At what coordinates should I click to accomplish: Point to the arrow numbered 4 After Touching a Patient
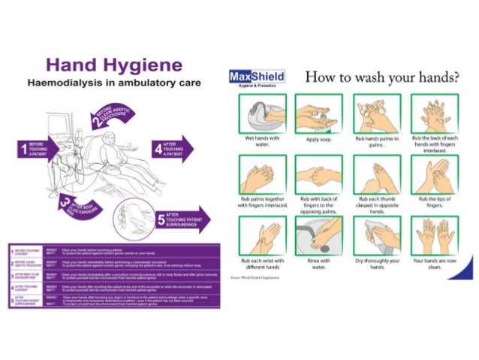pos(172,147)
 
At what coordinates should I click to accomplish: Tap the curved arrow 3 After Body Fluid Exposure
pos(77,202)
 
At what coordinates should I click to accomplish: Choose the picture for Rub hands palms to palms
pos(376,114)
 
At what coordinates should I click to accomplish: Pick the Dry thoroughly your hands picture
pos(376,236)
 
